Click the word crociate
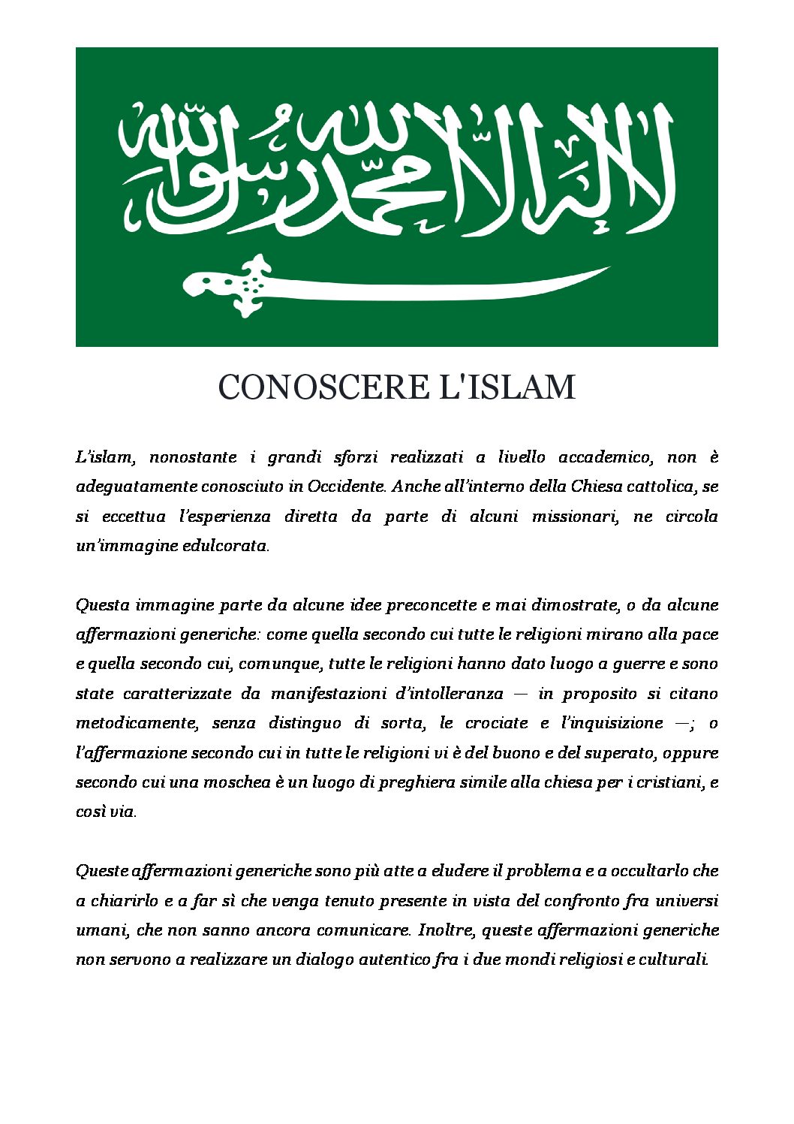click(496, 723)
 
